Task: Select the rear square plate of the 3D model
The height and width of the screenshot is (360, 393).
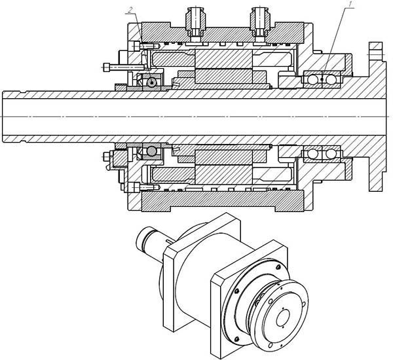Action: point(172,275)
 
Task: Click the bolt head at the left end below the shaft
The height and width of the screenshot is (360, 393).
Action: point(105,157)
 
